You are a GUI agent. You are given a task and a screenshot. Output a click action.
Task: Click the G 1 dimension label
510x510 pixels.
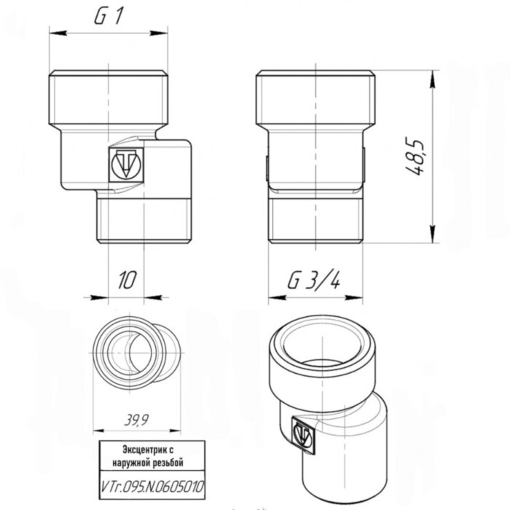[x=108, y=18]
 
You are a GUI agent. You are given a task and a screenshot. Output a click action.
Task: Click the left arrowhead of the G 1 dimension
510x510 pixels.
[x=53, y=32]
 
